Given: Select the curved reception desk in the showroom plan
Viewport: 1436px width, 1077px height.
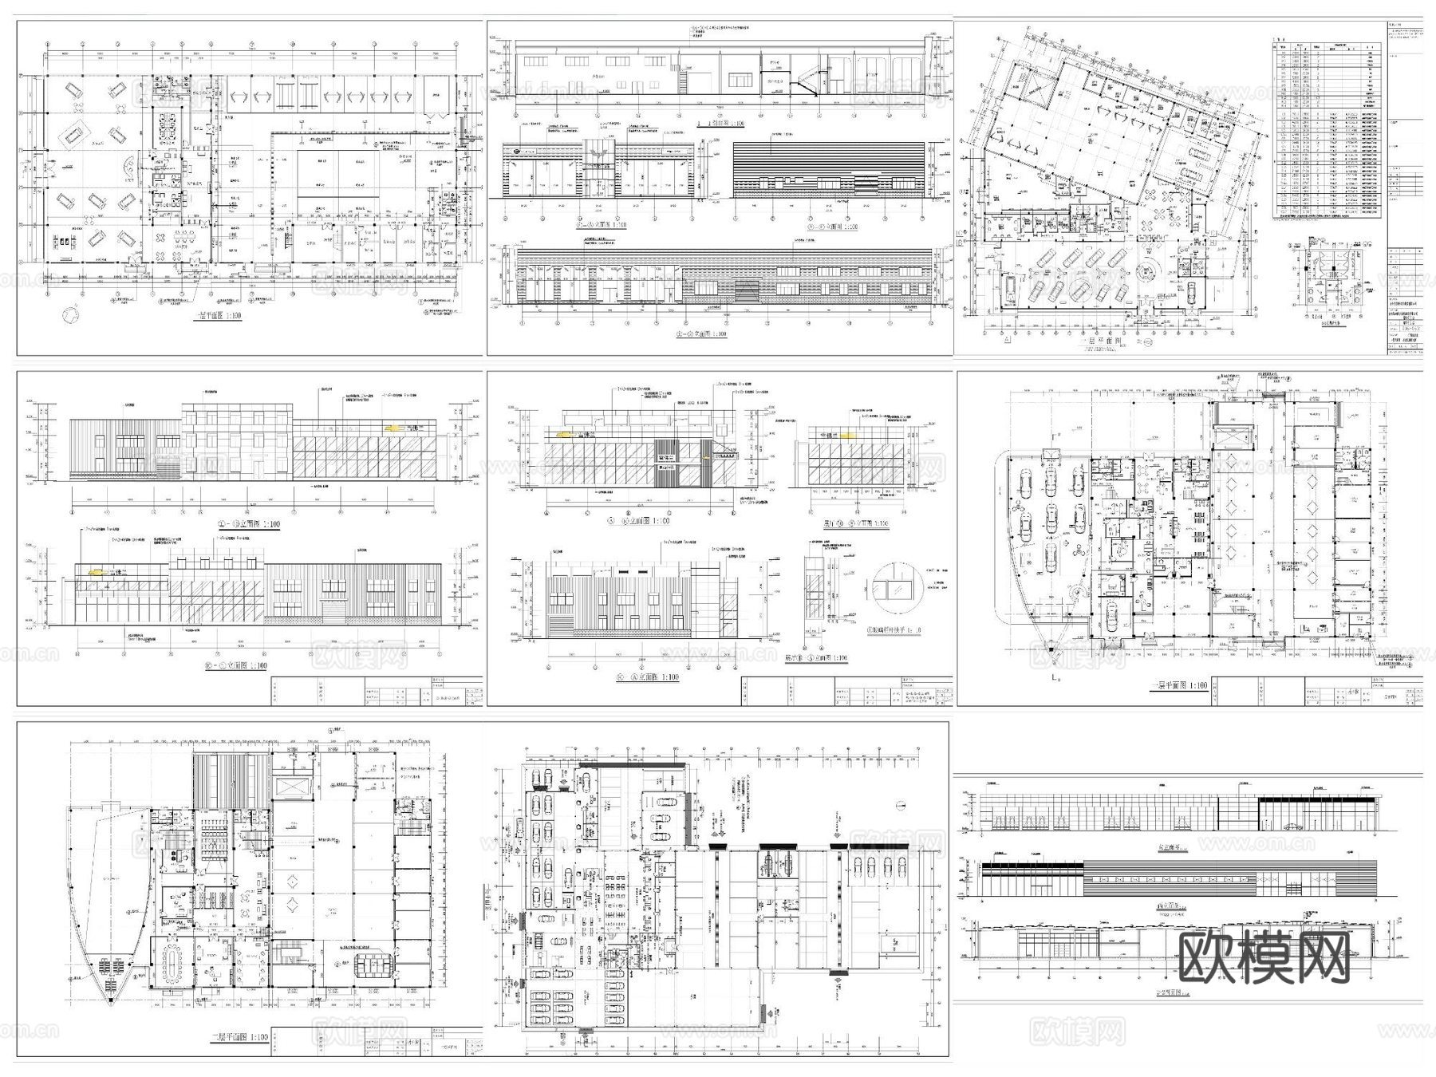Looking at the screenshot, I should [128, 168].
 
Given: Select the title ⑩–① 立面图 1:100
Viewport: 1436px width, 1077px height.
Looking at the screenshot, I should [239, 665].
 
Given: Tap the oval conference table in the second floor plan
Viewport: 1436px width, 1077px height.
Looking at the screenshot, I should [175, 961].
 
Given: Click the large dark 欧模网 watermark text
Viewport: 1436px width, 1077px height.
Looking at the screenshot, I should [1264, 957].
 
